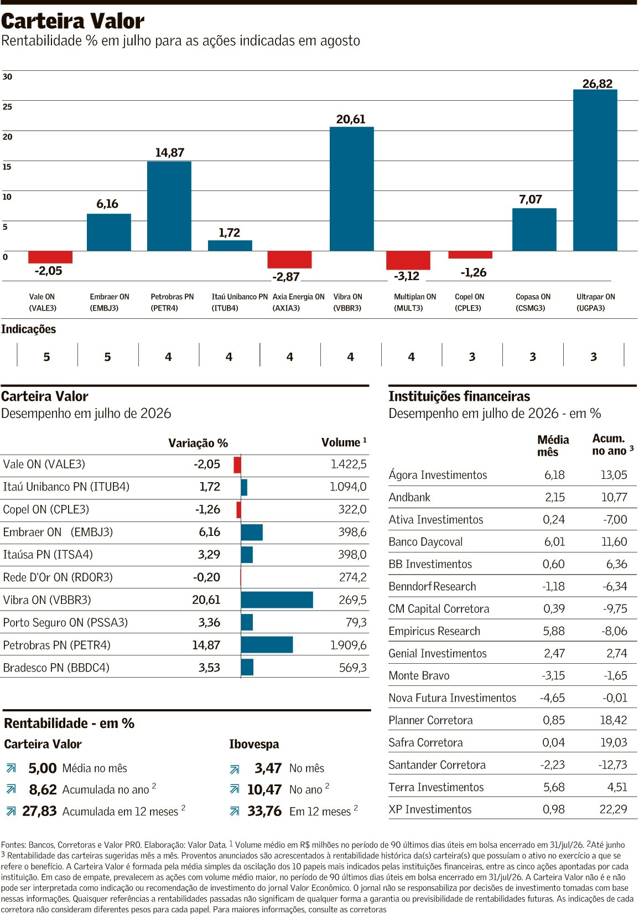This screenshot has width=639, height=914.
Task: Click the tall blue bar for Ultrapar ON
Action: coord(595,170)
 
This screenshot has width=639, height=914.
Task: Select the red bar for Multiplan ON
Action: coord(408,260)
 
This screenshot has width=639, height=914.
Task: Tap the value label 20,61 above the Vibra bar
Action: coord(351,119)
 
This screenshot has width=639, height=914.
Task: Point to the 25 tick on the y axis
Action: coord(7,107)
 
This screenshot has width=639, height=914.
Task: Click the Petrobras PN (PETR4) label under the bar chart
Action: coord(172,302)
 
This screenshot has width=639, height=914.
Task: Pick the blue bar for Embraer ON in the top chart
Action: coord(109,232)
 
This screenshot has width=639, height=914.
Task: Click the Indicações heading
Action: coord(29,329)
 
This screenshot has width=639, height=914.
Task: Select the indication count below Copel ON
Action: coord(472,357)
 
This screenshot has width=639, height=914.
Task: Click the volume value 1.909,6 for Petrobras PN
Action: coord(348,645)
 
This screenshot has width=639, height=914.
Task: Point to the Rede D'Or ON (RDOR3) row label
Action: coord(58,577)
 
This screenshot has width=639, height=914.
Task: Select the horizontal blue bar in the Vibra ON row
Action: coord(277,600)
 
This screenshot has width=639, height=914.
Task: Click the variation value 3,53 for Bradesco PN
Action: coord(209,668)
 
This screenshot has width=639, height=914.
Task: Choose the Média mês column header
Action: coord(553,446)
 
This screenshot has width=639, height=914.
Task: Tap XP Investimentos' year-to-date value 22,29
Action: coord(614,809)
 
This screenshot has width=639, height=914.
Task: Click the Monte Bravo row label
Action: coord(419,675)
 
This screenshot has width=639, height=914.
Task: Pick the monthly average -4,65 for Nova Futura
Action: coord(553,698)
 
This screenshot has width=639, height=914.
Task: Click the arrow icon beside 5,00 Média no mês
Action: coord(11,769)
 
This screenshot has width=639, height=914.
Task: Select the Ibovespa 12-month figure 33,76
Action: coord(264,811)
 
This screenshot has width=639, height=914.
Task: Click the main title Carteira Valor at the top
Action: coord(72,21)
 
